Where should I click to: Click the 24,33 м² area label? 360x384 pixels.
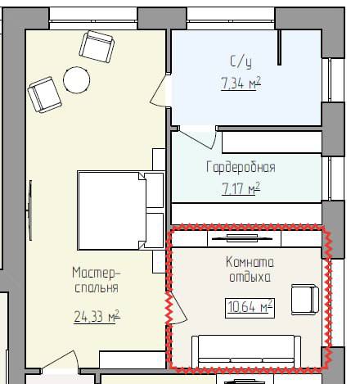(x=97, y=317)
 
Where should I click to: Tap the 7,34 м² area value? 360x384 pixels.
(x=241, y=83)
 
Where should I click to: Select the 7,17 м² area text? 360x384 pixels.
(x=241, y=188)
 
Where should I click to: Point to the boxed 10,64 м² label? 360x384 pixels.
(x=250, y=308)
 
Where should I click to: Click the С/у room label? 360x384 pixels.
(x=241, y=61)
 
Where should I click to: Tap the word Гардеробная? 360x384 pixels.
(x=241, y=167)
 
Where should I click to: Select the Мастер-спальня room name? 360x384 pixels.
(x=97, y=280)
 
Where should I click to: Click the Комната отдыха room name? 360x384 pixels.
(x=250, y=269)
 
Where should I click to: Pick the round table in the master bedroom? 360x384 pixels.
(x=76, y=80)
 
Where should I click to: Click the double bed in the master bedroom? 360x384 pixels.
(x=121, y=210)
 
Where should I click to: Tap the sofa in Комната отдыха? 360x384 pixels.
(x=246, y=351)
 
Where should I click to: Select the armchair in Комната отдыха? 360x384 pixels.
(x=305, y=300)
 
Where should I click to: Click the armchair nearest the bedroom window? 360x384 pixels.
(x=97, y=47)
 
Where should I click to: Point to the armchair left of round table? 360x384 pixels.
(x=44, y=95)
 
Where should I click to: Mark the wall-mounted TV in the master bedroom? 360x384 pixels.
(x=30, y=210)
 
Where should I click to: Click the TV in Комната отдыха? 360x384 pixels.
(x=242, y=238)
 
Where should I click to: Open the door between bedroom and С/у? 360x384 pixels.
(x=158, y=91)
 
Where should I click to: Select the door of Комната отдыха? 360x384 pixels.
(x=178, y=309)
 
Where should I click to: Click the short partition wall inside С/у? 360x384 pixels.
(x=279, y=47)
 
